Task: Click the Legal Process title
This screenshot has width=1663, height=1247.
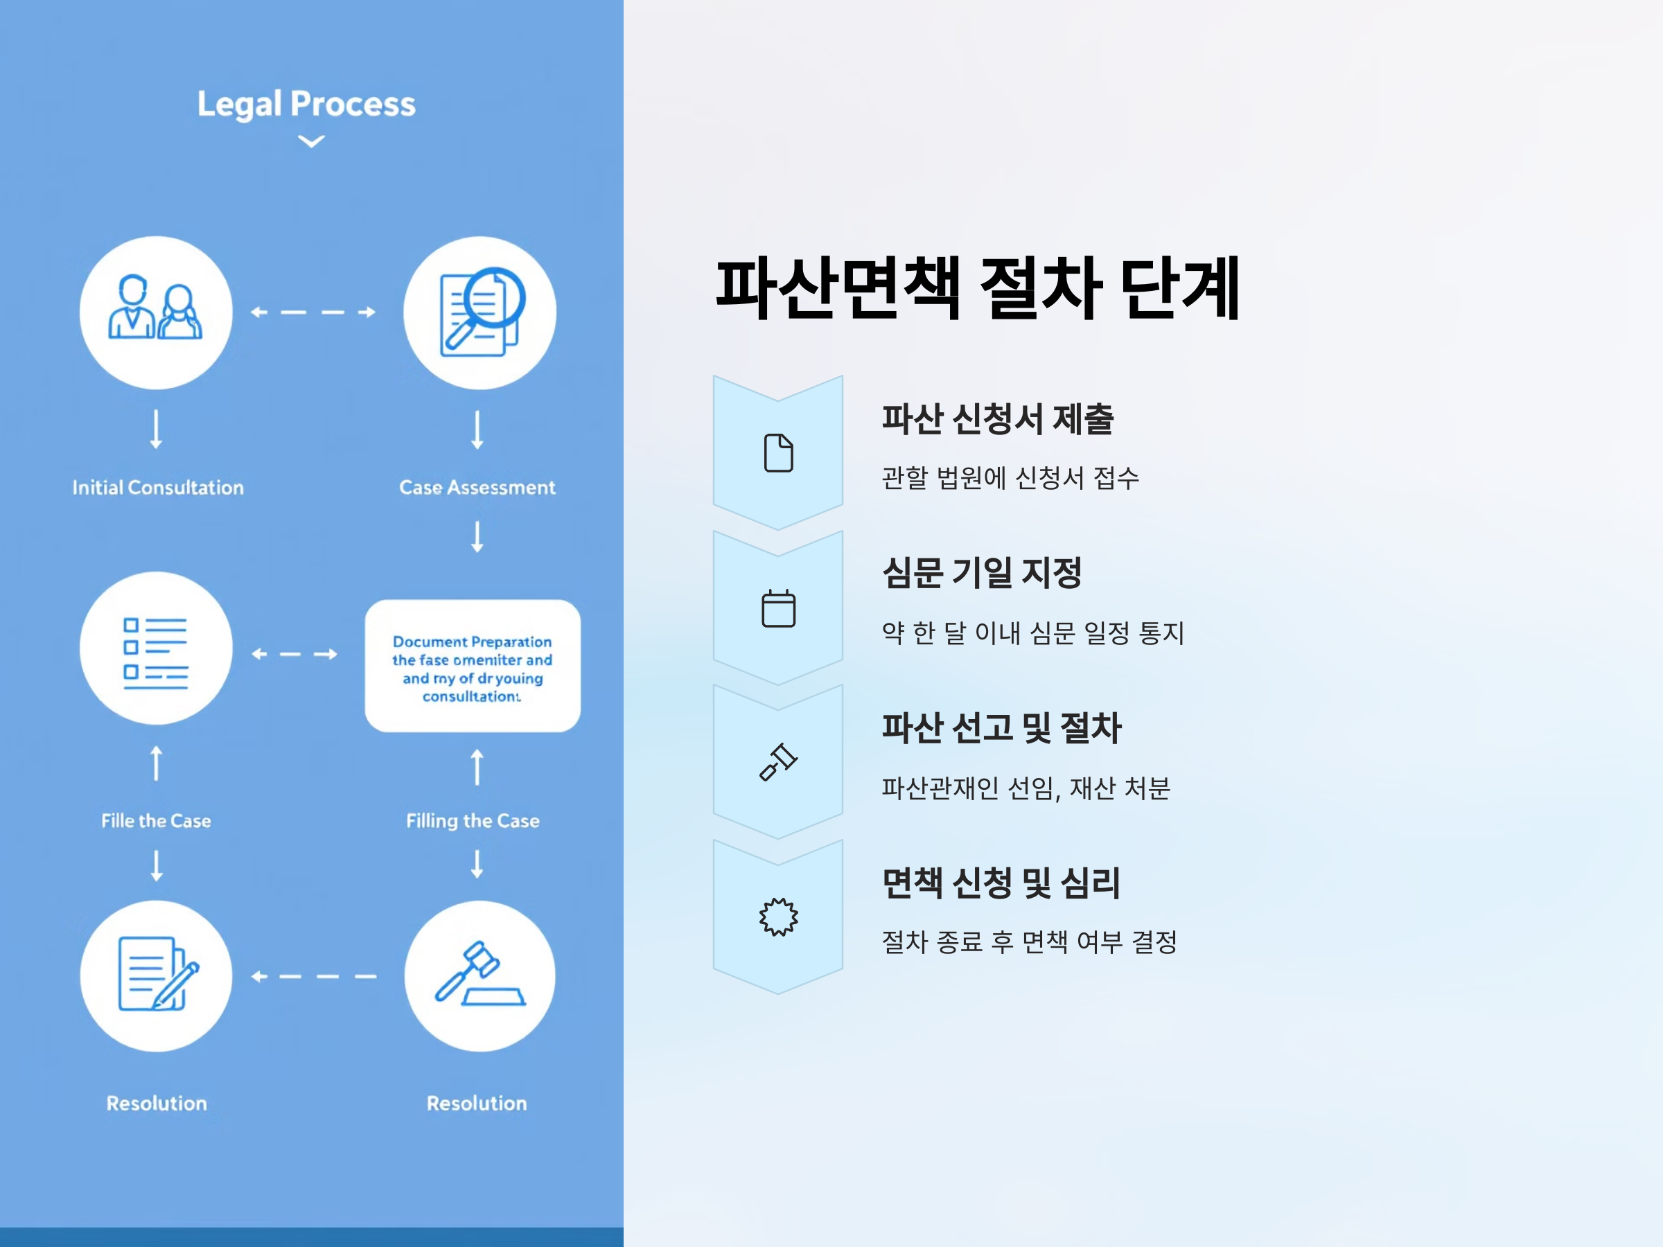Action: click(306, 104)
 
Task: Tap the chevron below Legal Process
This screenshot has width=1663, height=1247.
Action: click(311, 141)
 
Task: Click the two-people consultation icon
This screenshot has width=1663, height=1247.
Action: click(156, 312)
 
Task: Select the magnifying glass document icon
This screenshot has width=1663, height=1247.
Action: click(479, 312)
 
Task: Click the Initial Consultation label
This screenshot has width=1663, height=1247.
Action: click(158, 488)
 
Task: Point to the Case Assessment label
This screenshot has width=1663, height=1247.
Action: click(477, 488)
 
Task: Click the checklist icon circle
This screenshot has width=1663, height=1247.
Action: click(156, 648)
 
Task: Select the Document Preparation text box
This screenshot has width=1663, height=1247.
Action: click(472, 666)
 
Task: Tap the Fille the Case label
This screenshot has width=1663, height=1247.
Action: click(157, 821)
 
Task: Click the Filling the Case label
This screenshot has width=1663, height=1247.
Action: click(473, 821)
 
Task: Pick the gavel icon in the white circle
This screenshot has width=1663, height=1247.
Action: click(479, 975)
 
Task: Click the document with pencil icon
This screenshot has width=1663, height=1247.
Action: click(157, 975)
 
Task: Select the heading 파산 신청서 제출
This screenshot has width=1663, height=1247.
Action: click(998, 418)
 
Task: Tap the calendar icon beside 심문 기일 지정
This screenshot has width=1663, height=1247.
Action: click(778, 608)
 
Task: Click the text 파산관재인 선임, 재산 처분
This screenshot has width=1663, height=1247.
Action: click(1026, 788)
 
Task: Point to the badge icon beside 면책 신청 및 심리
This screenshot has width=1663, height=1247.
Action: click(778, 917)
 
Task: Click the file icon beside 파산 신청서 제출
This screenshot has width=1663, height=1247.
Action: click(778, 453)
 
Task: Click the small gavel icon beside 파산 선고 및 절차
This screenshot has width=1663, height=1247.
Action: click(778, 762)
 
